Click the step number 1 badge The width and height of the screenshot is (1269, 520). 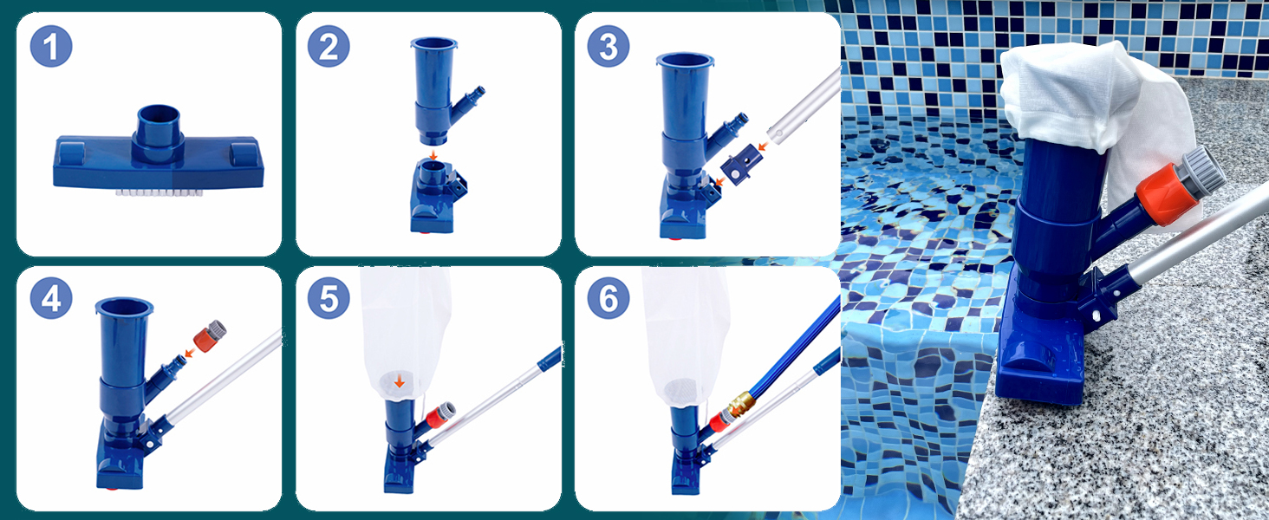51,47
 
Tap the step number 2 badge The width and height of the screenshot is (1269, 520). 329,47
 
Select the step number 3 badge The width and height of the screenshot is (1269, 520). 608,47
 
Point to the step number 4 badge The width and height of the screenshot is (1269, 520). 51,300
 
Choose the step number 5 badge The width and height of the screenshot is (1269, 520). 329,300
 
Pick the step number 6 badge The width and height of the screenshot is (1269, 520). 608,300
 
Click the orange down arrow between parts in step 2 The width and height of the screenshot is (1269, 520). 434,148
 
